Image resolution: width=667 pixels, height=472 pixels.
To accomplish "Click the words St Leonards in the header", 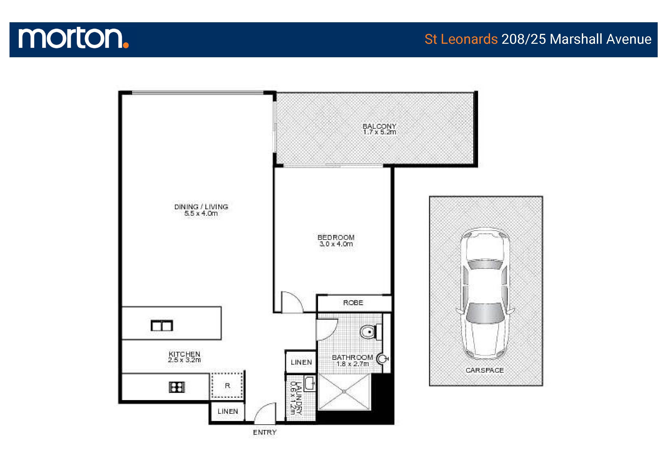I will [x=461, y=39].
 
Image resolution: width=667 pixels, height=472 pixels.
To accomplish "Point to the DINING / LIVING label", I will [x=201, y=207].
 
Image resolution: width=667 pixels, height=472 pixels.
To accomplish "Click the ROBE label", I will [x=353, y=303].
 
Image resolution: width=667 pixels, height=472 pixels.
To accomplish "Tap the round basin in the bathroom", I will [x=382, y=359].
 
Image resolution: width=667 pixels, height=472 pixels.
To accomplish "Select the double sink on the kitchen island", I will [x=162, y=326].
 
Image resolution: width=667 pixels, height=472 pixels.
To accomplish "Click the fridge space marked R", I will [x=228, y=386].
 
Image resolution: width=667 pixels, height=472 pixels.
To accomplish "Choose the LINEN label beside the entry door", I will [x=228, y=412].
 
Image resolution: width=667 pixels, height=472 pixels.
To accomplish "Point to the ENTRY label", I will [x=265, y=432].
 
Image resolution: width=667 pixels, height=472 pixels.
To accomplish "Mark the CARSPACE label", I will [x=485, y=370].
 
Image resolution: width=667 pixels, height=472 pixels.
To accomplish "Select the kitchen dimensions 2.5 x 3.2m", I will [x=184, y=360].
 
